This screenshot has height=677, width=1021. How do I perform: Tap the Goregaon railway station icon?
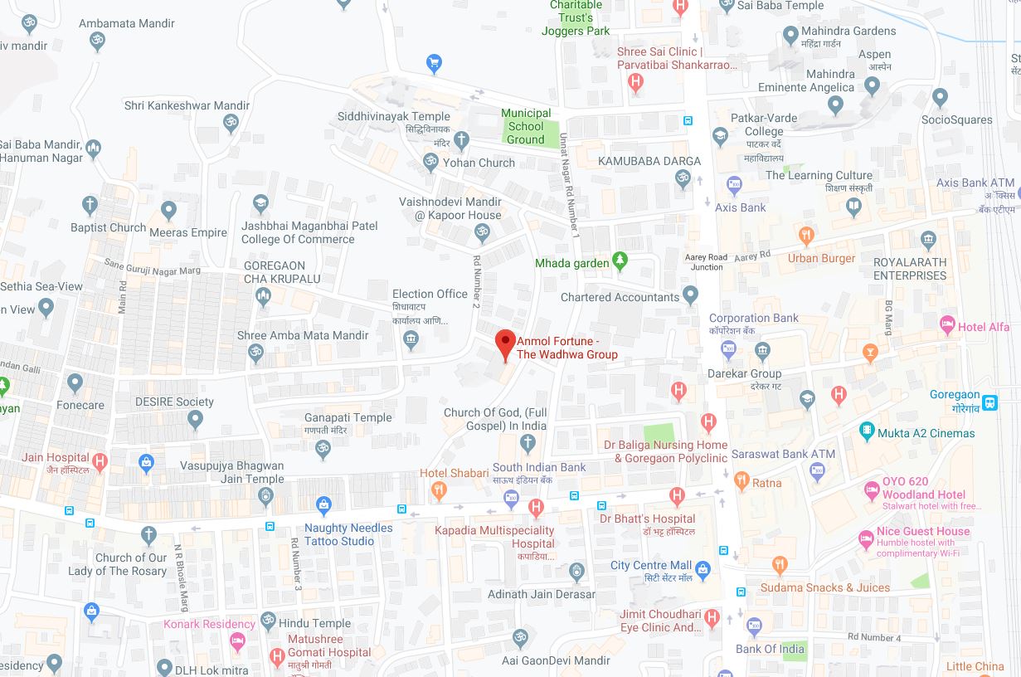tap(989, 402)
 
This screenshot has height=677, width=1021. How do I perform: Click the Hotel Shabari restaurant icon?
tap(439, 491)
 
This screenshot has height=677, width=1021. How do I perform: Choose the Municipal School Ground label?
tap(526, 126)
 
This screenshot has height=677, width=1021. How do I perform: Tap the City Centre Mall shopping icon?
tap(703, 569)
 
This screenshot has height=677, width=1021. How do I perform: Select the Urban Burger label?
tap(821, 258)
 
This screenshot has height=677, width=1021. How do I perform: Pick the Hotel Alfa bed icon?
tap(947, 324)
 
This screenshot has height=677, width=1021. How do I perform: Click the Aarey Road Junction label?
tap(705, 262)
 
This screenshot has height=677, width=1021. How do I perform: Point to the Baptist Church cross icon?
tap(90, 205)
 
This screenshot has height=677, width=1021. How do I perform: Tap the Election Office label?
tap(430, 294)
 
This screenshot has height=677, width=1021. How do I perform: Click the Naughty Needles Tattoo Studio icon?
tap(323, 504)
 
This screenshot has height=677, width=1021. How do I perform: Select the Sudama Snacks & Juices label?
tap(825, 587)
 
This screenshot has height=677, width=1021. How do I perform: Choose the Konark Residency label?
tap(209, 624)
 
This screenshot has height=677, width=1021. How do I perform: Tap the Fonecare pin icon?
tap(75, 383)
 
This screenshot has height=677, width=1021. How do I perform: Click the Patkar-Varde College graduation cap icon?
tap(720, 137)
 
